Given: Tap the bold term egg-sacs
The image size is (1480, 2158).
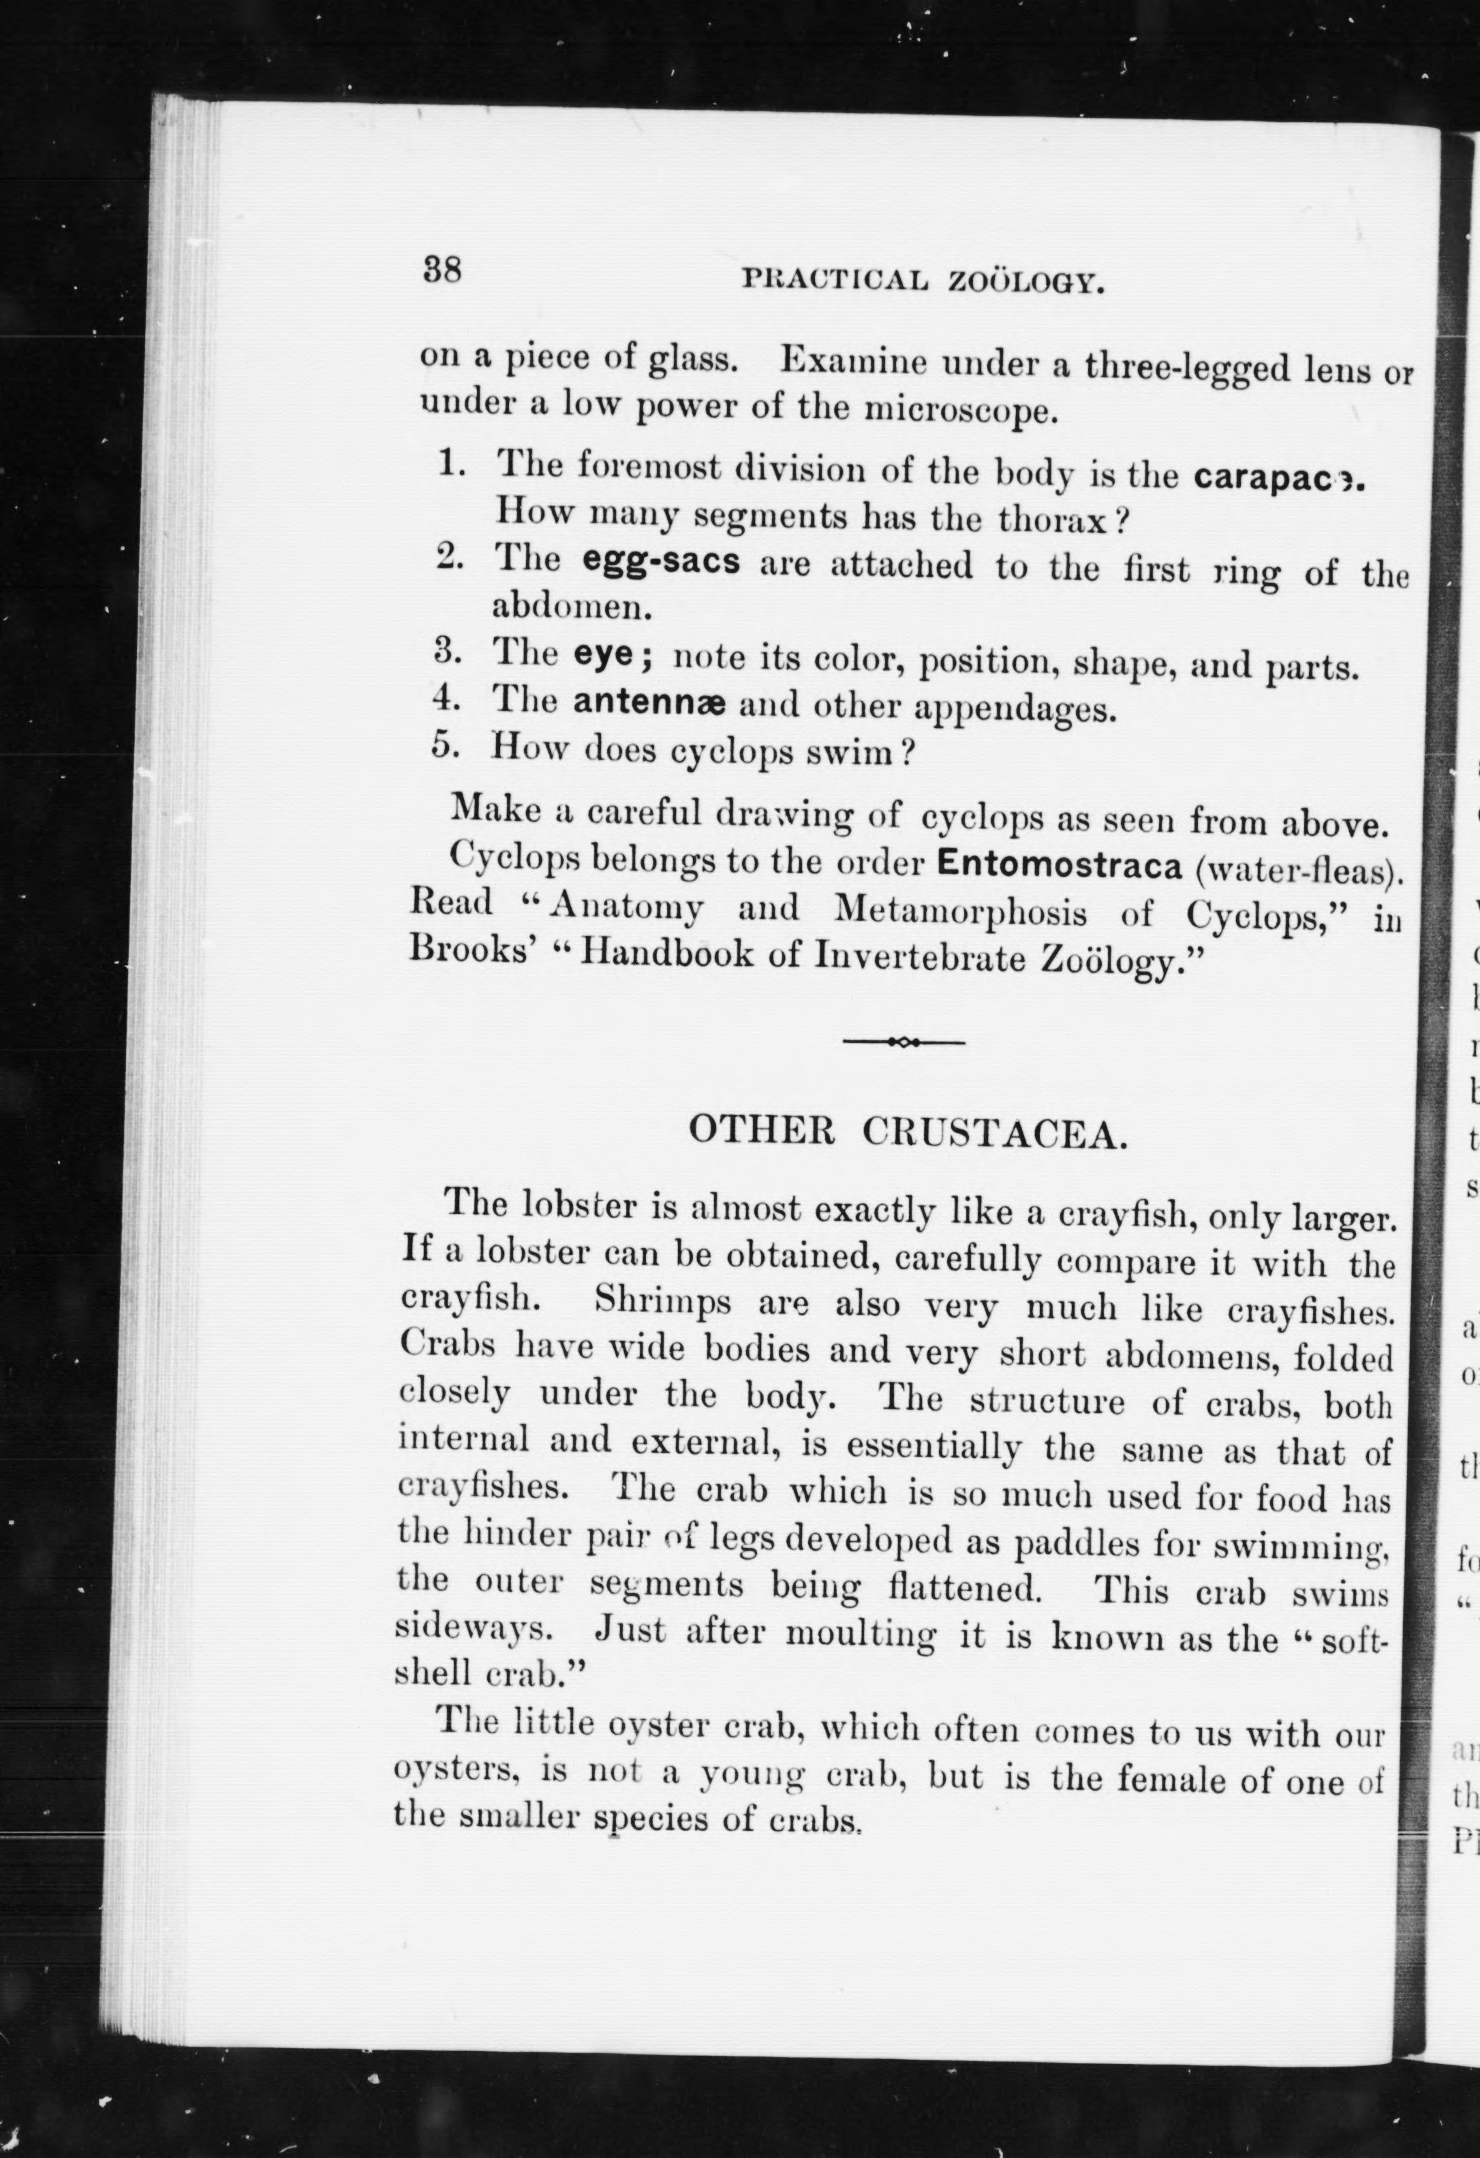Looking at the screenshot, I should click(661, 561).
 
